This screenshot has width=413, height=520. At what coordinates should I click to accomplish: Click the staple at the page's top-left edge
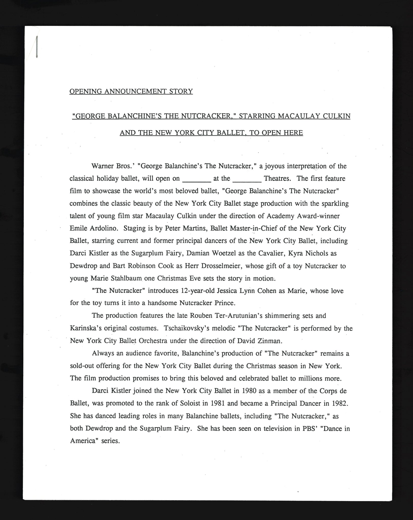[x=37, y=47]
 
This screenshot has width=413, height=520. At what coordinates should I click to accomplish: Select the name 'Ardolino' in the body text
[x=104, y=229]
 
